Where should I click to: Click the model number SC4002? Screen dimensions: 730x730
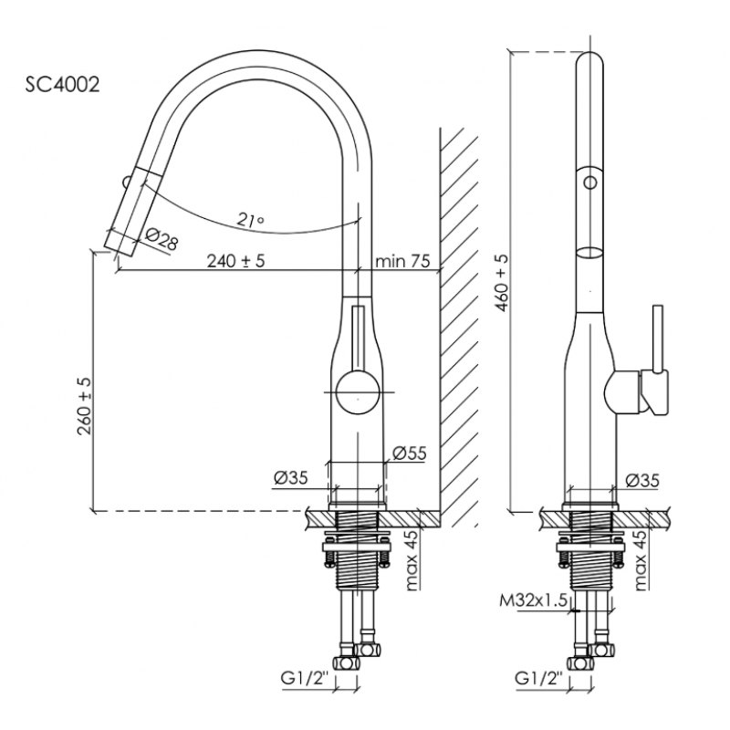pos(62,85)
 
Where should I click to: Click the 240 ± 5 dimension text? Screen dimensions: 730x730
pos(235,261)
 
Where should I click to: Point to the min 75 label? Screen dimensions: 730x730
pos(402,261)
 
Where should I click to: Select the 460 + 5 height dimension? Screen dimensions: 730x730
pos(503,284)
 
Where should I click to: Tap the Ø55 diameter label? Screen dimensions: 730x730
pos(409,453)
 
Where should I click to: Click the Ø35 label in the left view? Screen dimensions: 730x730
pos(290,477)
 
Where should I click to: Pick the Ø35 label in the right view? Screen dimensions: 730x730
pos(642,481)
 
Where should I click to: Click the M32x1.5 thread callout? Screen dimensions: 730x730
pos(534,601)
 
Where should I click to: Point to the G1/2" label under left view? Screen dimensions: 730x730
pos(304,679)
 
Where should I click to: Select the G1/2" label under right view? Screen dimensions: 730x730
pos(538,679)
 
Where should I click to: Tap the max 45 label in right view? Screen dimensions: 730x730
pos(641,560)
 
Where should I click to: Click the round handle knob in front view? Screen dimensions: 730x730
pos(358,391)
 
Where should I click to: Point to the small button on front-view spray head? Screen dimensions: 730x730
pos(126,181)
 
